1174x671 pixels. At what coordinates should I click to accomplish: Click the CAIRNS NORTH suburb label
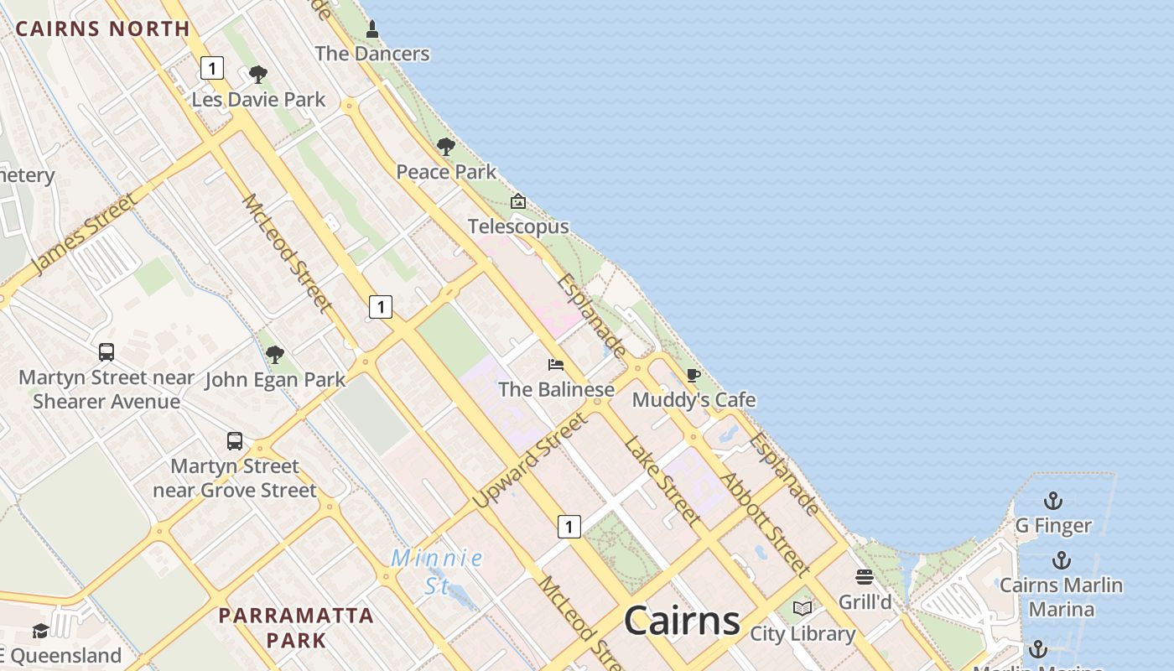coord(102,29)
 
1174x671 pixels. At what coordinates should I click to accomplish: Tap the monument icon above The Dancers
coord(372,30)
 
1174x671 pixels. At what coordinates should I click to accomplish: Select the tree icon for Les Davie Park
coord(258,75)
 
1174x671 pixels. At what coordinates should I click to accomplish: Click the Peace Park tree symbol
coord(446,148)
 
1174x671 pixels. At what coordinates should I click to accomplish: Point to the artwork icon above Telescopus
coord(518,201)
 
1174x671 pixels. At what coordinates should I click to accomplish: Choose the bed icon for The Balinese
coord(556,365)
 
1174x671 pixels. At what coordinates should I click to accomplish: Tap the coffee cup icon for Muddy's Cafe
coord(693,375)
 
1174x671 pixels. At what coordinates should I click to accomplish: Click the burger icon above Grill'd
coord(865,577)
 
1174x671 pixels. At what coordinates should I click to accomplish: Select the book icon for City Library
coord(803,608)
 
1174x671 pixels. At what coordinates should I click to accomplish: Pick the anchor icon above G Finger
coord(1052,502)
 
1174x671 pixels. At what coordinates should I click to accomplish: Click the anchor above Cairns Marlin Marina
coord(1062,560)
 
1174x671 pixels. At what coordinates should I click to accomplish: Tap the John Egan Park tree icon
coord(274,355)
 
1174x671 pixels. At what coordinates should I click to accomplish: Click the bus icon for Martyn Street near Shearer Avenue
coord(106,352)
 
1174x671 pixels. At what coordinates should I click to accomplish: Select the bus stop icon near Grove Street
coord(235,441)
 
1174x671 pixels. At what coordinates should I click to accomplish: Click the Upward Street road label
coord(529,461)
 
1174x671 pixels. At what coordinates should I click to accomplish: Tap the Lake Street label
coord(662,480)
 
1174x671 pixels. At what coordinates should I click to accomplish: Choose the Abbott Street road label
coord(766,524)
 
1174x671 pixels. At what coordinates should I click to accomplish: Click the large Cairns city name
coord(682,622)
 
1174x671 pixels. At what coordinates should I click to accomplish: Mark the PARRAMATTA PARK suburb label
coord(296,627)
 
